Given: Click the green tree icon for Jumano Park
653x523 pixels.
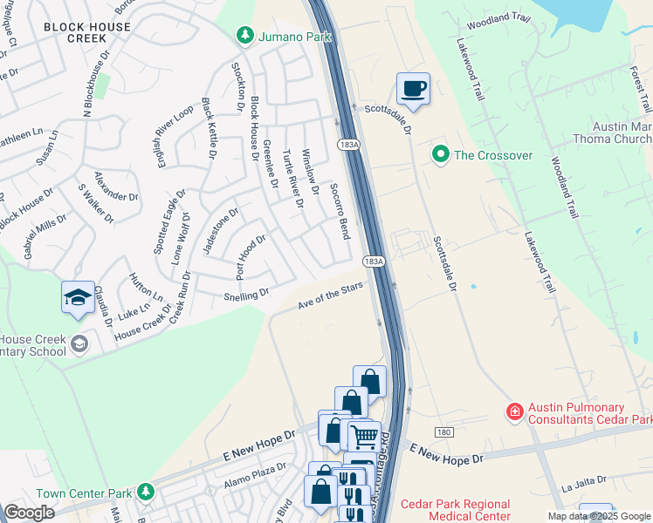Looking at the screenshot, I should pos(245,35).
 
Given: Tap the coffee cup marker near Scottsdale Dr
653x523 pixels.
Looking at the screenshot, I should pos(413,88).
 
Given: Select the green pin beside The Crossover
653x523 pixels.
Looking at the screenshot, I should pos(440,155).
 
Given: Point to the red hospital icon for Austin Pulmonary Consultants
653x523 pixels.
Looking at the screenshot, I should pos(516,410).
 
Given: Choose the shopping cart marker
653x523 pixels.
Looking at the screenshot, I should pos(364,435).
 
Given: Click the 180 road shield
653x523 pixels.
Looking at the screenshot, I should pos(445,432).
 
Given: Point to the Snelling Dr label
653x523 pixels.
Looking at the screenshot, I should pos(246,295).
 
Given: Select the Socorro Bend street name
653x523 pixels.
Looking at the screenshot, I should pos(340,213).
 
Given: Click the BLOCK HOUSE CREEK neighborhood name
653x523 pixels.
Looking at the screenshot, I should pos(87,33).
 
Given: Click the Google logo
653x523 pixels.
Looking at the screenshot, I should pos(30,513).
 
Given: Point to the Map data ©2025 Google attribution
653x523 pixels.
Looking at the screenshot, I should pos(598,516).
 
